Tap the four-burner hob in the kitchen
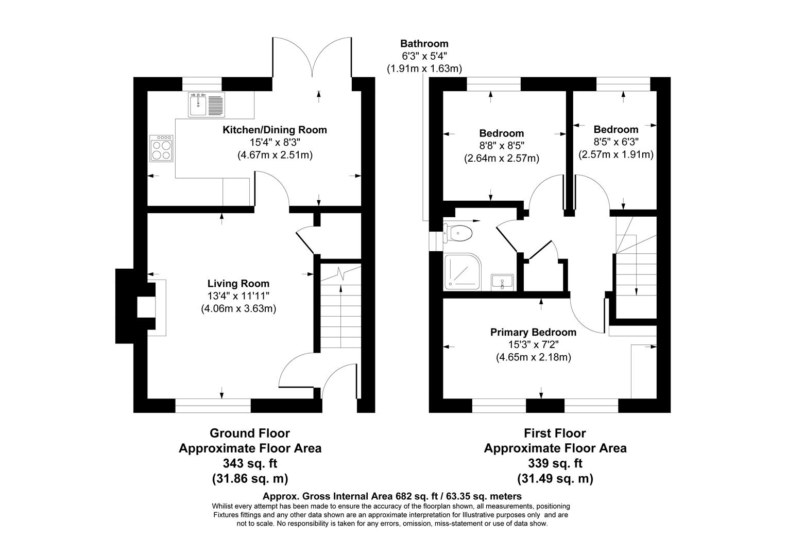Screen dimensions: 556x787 point(162,148)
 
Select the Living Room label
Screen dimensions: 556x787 point(238,283)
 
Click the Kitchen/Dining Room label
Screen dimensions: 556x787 point(275,130)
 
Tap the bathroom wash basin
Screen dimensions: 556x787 point(502,282)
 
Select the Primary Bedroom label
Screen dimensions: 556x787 point(533,332)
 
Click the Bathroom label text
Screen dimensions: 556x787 point(424,44)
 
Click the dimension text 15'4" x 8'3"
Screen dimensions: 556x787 point(275,142)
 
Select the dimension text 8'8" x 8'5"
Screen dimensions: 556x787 point(501,146)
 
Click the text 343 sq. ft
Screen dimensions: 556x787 point(250,463)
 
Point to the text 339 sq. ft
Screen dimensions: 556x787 point(555,463)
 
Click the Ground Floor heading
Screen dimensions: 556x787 point(250,433)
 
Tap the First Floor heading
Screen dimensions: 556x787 point(555,433)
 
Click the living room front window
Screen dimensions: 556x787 point(213,406)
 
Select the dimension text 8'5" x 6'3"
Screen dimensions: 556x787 point(615,142)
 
